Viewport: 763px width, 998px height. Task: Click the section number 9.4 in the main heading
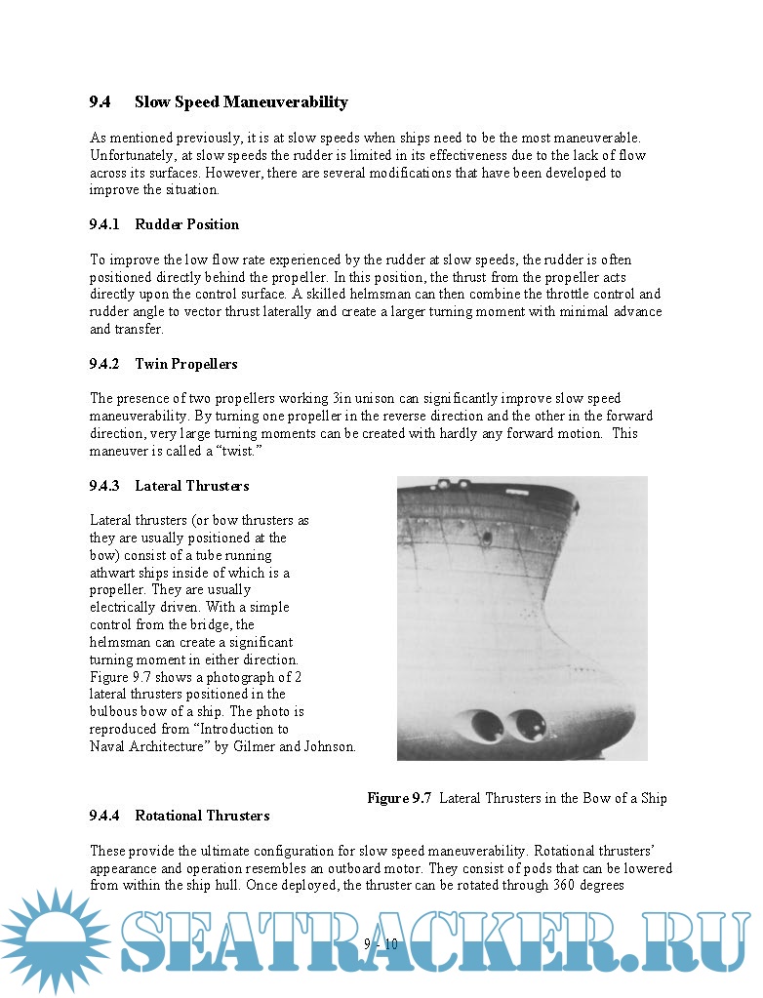(100, 102)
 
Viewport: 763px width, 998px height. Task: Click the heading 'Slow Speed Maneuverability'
(241, 102)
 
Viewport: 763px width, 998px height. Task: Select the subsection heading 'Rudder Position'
(186, 224)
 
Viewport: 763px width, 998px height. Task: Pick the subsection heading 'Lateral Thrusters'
(191, 486)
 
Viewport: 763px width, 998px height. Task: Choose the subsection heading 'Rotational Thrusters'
(202, 816)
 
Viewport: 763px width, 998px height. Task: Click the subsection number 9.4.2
(104, 364)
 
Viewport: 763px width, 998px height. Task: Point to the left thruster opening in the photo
(483, 725)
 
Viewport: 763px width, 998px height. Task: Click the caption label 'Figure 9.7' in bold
(399, 798)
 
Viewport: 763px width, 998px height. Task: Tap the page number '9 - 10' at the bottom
(381, 943)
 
